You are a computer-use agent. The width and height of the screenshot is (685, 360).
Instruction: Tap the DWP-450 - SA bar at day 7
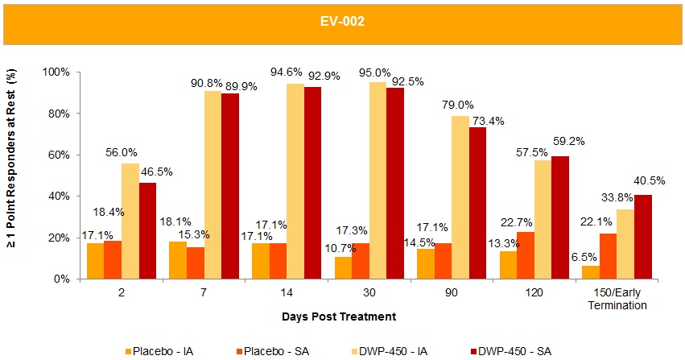[x=230, y=186]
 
